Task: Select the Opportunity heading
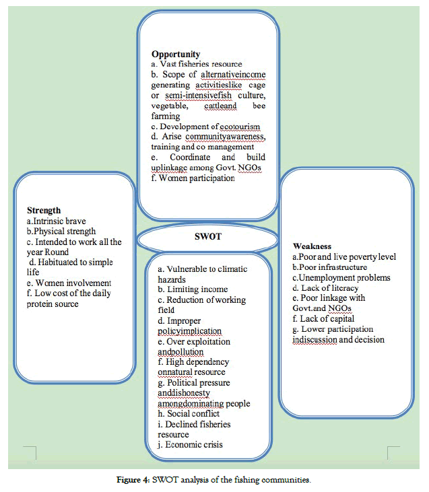(x=176, y=53)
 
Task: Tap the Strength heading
(x=44, y=211)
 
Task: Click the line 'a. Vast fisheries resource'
(x=192, y=64)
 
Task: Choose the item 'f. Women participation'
(x=193, y=178)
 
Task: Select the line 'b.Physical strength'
(x=61, y=231)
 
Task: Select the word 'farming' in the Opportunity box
(x=166, y=116)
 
